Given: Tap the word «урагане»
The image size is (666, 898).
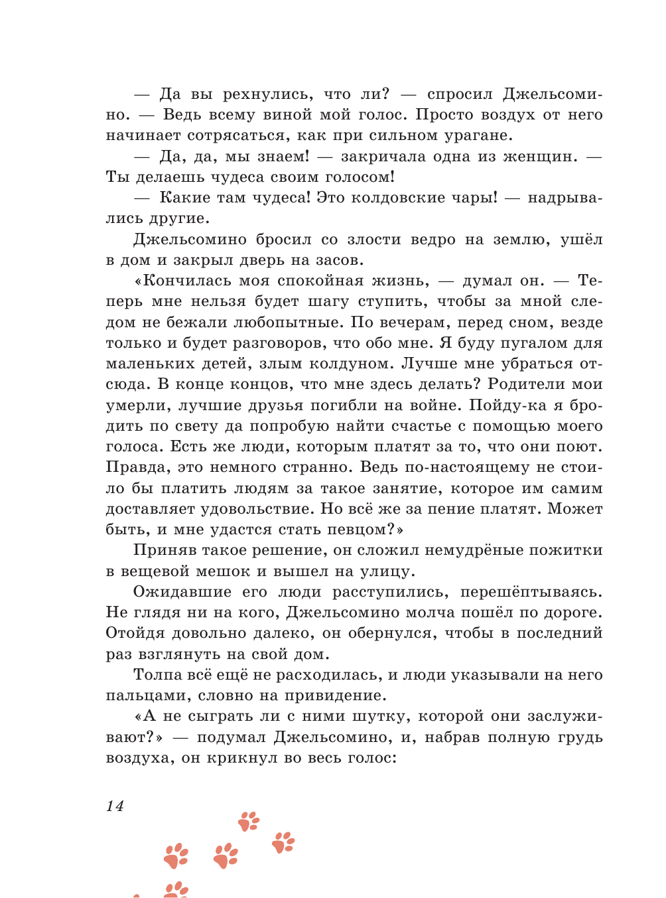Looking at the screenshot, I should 474,135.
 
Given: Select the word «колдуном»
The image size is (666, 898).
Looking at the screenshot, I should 344,364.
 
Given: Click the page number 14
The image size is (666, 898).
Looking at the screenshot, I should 115,806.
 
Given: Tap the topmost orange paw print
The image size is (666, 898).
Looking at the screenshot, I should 249,821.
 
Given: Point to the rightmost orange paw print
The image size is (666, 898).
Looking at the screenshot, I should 283,842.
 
